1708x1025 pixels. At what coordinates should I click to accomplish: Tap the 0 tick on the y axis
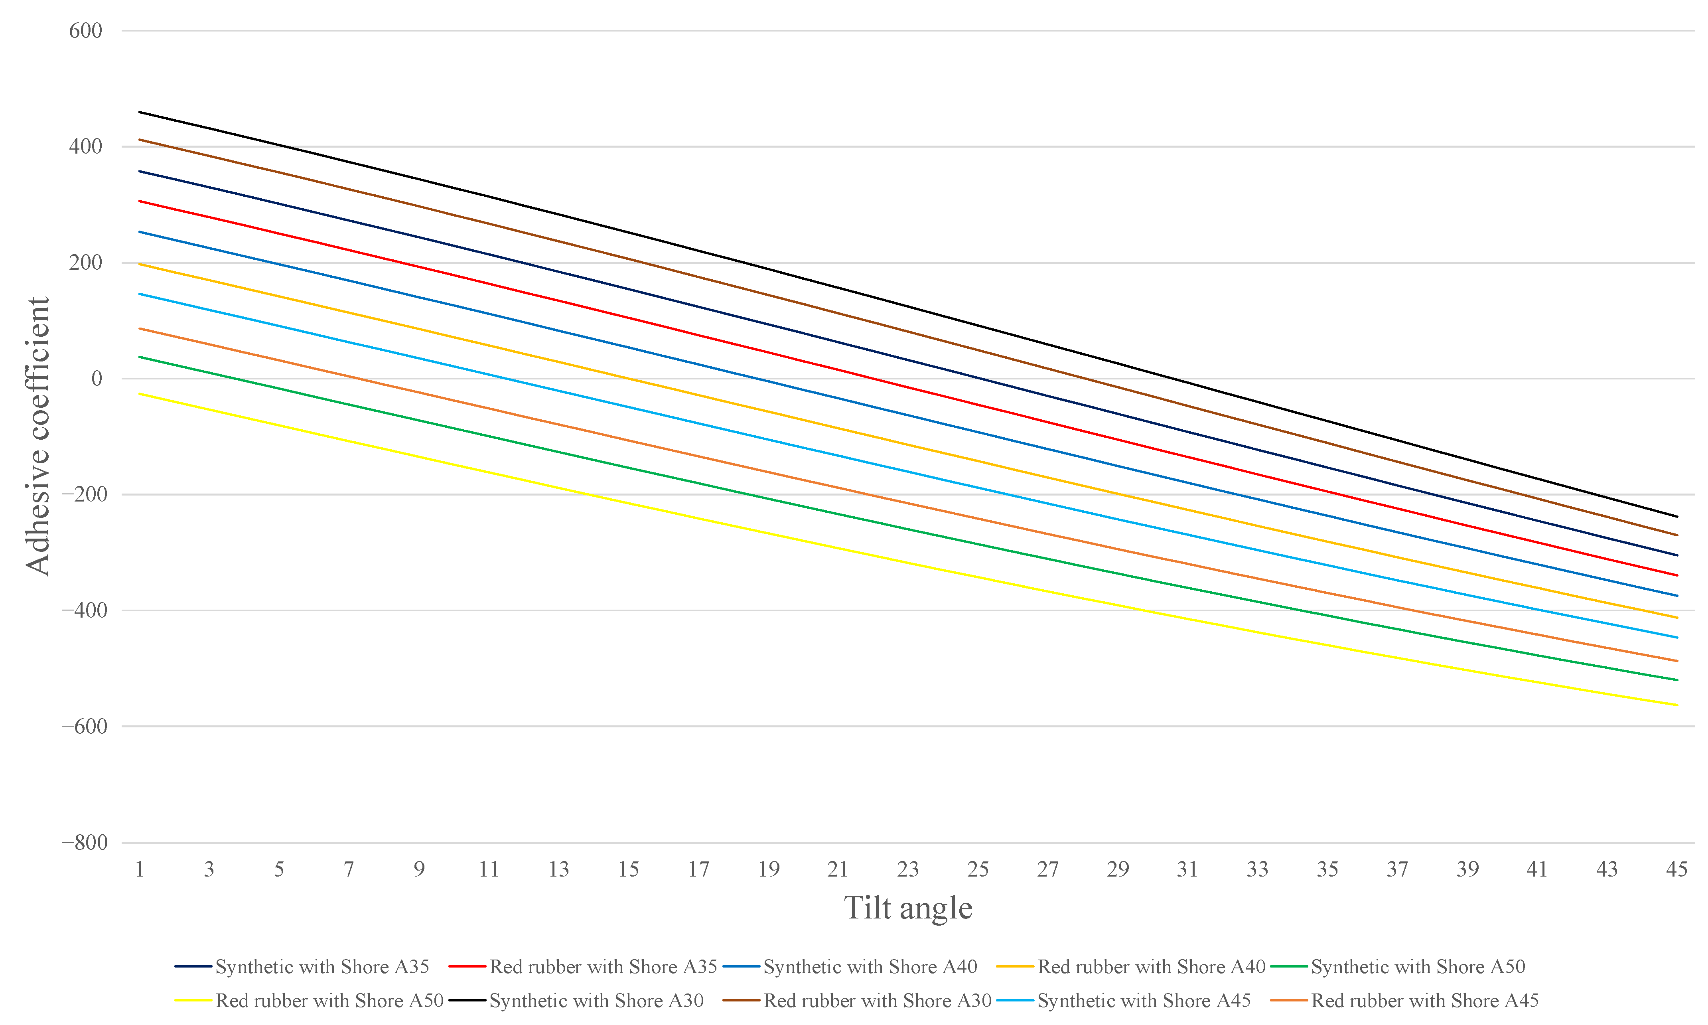97,379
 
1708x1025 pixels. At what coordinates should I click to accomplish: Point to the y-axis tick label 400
86,146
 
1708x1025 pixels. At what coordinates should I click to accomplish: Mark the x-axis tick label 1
140,869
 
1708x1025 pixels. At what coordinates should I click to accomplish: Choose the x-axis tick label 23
908,869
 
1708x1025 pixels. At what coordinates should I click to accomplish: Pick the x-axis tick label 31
1187,869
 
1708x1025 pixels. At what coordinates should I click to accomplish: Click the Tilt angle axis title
908,908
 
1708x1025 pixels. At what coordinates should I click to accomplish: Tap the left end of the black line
140,112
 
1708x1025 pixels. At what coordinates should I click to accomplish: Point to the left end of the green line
140,357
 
